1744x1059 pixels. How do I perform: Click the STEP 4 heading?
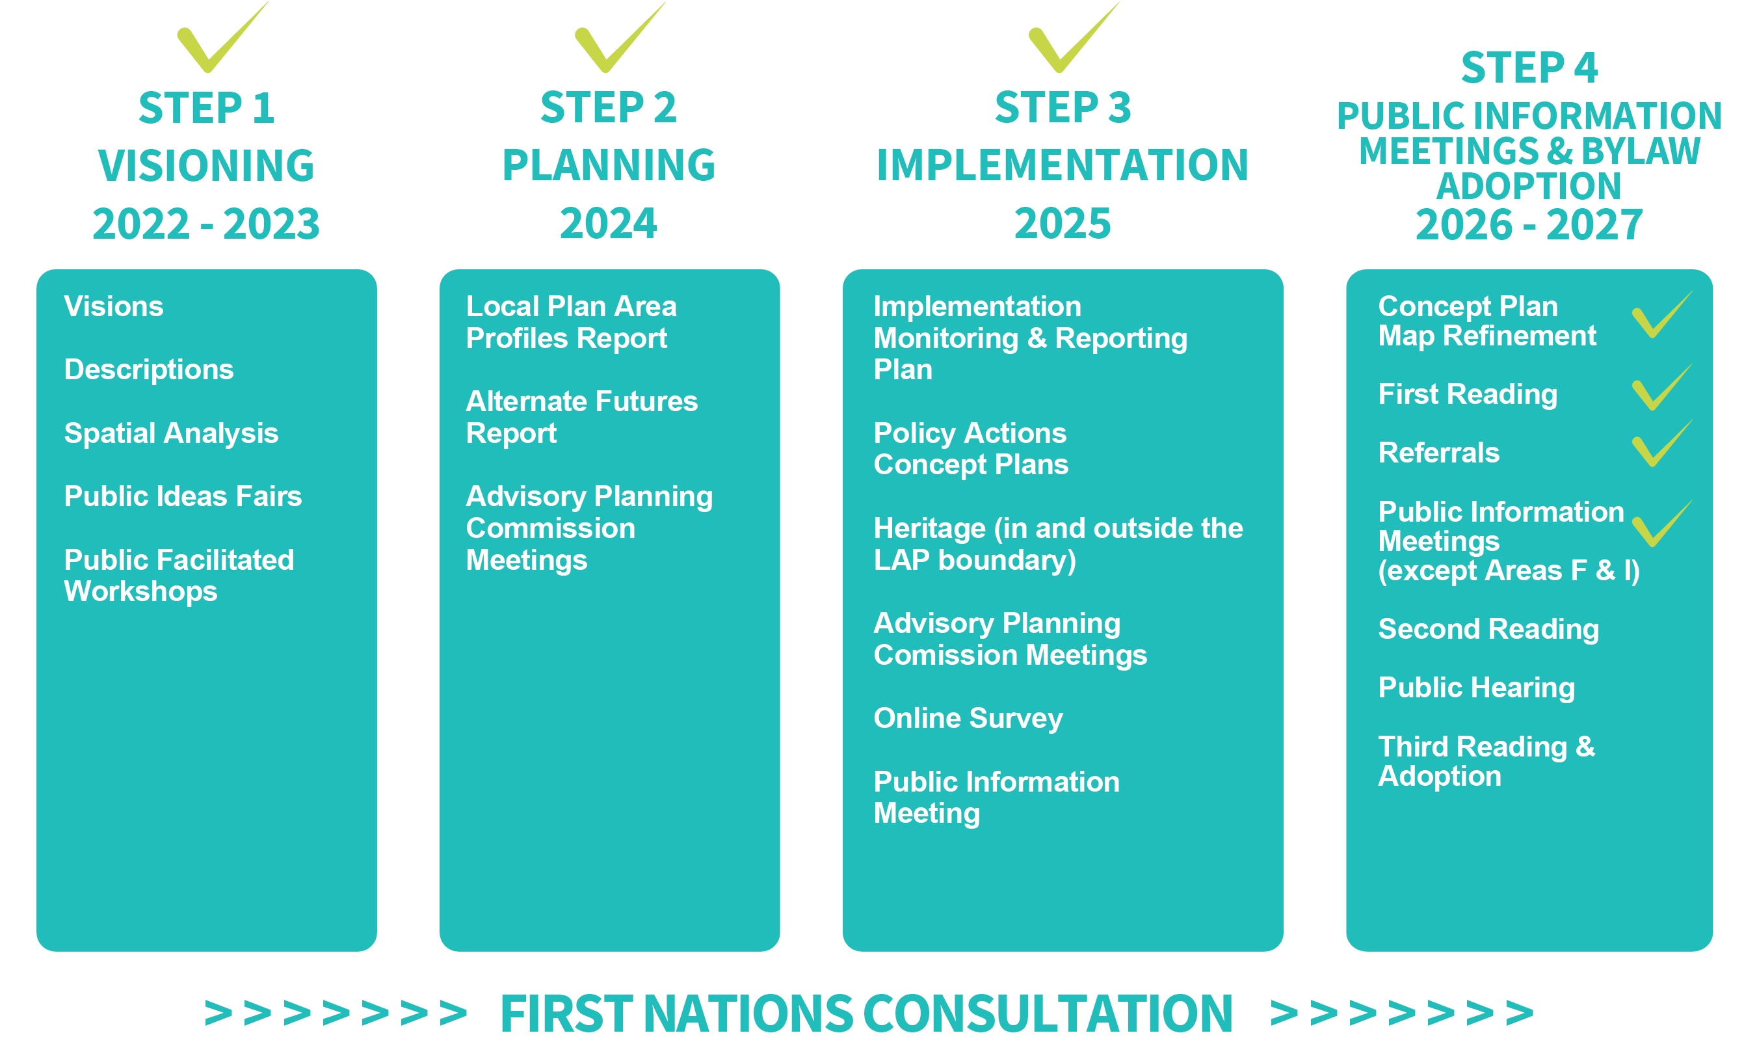(x=1529, y=68)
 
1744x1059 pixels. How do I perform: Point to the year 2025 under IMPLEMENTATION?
(x=1063, y=224)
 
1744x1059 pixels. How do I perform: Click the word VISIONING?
(x=206, y=166)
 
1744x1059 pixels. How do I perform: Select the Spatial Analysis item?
(x=171, y=433)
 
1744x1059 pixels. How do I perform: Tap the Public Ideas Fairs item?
(x=183, y=496)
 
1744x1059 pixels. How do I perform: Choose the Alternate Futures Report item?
(x=582, y=417)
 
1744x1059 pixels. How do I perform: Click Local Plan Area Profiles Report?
(x=571, y=322)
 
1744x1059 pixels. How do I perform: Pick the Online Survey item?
(x=968, y=719)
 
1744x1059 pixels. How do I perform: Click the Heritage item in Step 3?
(x=1058, y=544)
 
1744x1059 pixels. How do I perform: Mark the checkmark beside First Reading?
(x=1661, y=387)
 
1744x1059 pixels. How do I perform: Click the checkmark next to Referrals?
(x=1661, y=444)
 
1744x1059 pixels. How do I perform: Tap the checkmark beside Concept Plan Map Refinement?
(x=1661, y=315)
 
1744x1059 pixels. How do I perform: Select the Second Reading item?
(x=1488, y=629)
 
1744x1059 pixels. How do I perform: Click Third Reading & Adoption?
(x=1486, y=762)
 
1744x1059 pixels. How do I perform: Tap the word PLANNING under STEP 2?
(x=609, y=165)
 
